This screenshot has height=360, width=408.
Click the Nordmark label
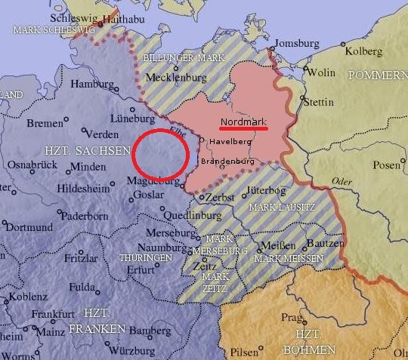click(243, 121)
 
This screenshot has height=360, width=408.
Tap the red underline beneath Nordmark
click(243, 128)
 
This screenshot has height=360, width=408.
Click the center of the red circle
click(159, 155)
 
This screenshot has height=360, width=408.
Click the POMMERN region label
click(377, 75)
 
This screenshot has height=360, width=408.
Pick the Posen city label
click(386, 165)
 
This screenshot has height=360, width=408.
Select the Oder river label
click(342, 182)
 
